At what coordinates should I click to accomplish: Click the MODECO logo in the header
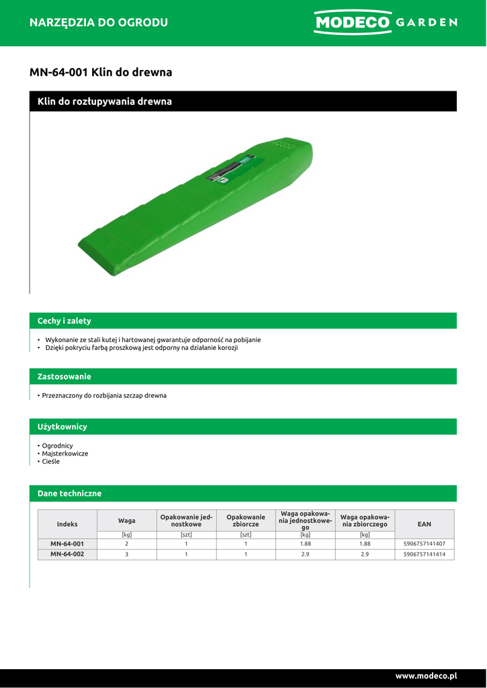pyautogui.click(x=352, y=22)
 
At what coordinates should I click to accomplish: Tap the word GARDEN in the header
pyautogui.click(x=427, y=22)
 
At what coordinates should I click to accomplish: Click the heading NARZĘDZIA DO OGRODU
pyautogui.click(x=99, y=22)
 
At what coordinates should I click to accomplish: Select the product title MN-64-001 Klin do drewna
pyautogui.click(x=101, y=72)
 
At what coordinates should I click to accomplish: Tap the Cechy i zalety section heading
pyautogui.click(x=64, y=320)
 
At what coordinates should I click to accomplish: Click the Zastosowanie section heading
pyautogui.click(x=64, y=376)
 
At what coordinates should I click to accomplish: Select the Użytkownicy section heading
pyautogui.click(x=62, y=427)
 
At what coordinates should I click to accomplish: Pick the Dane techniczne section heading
pyautogui.click(x=70, y=493)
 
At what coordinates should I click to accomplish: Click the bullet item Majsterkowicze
pyautogui.click(x=64, y=454)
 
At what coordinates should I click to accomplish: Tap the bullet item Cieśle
pyautogui.click(x=51, y=462)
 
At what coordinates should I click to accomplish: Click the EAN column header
pyautogui.click(x=425, y=523)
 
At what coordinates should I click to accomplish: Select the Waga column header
pyautogui.click(x=127, y=520)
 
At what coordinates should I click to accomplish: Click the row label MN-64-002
pyautogui.click(x=67, y=554)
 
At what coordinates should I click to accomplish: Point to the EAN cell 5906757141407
pyautogui.click(x=425, y=544)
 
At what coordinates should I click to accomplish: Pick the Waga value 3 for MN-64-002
pyautogui.click(x=126, y=554)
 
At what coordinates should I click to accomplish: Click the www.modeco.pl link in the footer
pyautogui.click(x=426, y=675)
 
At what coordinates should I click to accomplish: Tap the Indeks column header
pyautogui.click(x=67, y=523)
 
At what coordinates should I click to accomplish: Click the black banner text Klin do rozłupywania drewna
pyautogui.click(x=105, y=101)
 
